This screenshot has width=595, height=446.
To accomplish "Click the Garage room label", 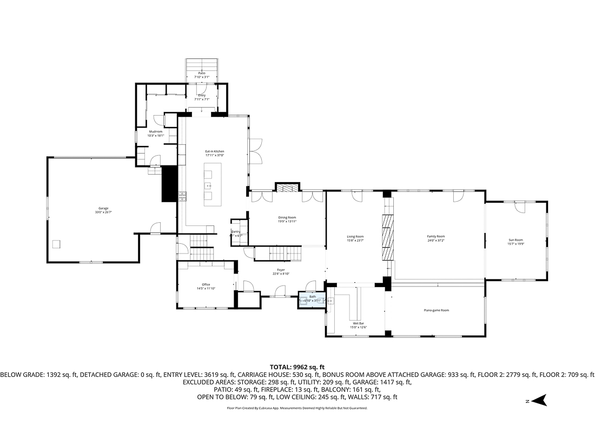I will point(103,210).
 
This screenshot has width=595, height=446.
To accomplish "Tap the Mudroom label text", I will point(156,133).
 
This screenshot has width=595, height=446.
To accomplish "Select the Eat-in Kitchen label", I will point(215,153).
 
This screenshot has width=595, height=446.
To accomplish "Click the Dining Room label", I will point(287,219).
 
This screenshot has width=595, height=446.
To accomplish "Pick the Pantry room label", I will point(236,233).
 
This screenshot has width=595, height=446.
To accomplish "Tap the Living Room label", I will point(355,238).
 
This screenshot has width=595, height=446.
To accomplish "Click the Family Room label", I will point(436,238).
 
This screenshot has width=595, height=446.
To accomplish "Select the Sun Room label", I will point(515,242).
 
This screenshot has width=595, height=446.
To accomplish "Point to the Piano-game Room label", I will point(437,310).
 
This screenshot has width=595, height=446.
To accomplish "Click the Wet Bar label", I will point(359,325).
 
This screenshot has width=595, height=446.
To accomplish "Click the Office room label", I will point(206,287).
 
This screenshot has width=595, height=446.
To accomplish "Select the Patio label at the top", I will point(202,75).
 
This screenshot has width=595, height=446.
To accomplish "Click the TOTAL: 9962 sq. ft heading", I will point(297,367).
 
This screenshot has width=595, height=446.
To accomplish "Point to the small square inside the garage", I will point(56,244).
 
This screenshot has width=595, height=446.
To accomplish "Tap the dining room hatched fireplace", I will point(287,187).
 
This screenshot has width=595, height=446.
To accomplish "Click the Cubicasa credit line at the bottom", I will point(297,408).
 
